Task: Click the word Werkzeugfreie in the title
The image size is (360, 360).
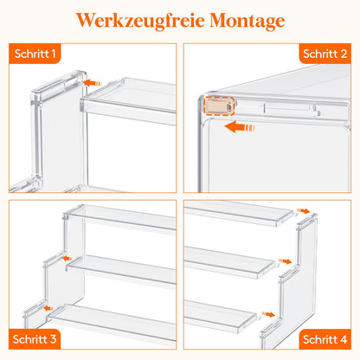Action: point(140,21)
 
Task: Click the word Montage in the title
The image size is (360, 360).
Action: point(247,22)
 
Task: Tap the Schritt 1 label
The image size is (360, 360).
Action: point(35,54)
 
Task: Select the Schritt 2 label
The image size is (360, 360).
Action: point(325,54)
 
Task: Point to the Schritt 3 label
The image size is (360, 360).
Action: point(35,339)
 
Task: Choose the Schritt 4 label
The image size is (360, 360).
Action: point(325,339)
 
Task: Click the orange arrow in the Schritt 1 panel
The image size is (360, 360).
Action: point(93,83)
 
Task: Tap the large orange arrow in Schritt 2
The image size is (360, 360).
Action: point(240,127)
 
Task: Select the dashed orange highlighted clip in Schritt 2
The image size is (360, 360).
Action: point(219,106)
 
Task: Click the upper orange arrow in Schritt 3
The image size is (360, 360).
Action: point(67,258)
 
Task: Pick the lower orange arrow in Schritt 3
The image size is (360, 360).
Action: point(48,308)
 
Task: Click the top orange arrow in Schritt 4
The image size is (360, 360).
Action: point(303,211)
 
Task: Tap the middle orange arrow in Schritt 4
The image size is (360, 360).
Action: point(286,261)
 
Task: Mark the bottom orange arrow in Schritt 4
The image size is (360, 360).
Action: point(268,314)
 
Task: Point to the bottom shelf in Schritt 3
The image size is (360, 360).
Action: point(112,323)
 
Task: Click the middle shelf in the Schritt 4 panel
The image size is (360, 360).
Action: point(228,261)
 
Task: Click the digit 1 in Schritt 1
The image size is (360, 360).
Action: point(53,54)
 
